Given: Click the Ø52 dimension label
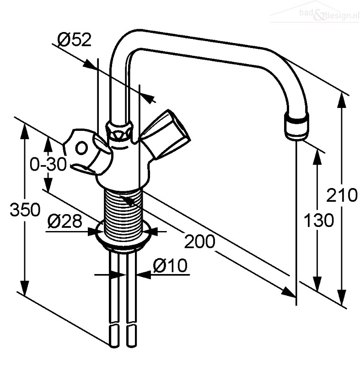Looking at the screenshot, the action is point(75,40).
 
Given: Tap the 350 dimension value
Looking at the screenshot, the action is point(25,210).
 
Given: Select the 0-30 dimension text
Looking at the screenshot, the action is point(48,164).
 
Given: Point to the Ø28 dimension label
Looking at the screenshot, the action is point(65,221).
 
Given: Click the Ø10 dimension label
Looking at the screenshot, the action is point(170,265).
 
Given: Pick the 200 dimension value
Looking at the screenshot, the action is point(199,242).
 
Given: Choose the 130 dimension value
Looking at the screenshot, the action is point(319,220).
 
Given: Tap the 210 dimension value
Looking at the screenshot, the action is point(342,195).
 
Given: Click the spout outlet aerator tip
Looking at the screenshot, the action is point(296,126).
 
